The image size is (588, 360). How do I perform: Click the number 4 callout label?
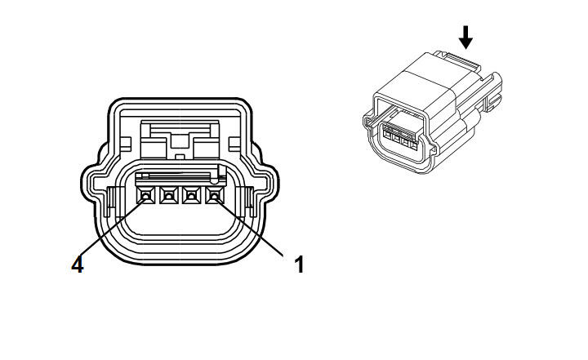tap(78, 264)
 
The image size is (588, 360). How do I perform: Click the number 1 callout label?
tap(299, 264)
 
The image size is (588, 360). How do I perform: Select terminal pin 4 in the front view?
tap(145, 195)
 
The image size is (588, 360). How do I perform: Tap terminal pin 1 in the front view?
tap(214, 195)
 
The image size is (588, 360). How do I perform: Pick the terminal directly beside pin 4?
tap(168, 195)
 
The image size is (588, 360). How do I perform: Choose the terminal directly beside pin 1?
tap(191, 195)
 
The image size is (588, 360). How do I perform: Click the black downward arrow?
tap(465, 37)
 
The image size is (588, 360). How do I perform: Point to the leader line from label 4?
tap(113, 226)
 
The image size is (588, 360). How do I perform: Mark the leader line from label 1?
tap(248, 226)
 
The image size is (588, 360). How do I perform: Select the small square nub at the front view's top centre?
tap(180, 157)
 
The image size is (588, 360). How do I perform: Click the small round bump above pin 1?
tap(214, 180)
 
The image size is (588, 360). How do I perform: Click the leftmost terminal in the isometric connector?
tap(388, 133)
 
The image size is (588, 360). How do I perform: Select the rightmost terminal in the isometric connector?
tap(413, 145)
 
